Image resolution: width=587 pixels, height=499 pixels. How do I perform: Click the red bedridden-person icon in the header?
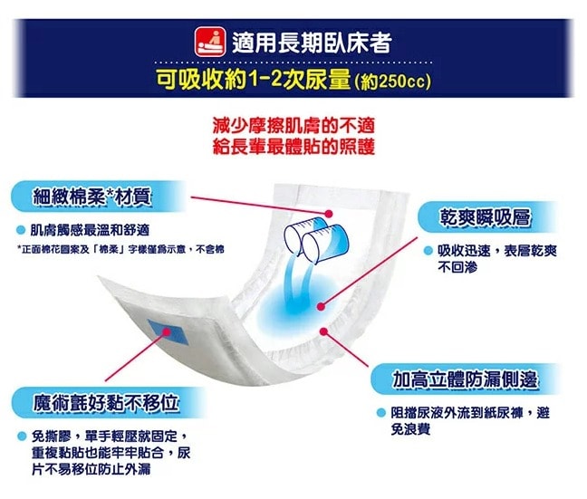(x=209, y=42)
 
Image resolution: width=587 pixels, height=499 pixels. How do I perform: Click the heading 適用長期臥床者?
(x=311, y=43)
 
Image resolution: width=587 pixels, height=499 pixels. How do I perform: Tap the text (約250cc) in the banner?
(x=392, y=83)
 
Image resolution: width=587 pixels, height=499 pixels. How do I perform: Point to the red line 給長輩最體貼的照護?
(x=292, y=146)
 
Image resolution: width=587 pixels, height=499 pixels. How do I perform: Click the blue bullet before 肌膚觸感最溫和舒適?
(x=21, y=229)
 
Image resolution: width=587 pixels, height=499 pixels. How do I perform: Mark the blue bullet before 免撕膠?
(x=21, y=436)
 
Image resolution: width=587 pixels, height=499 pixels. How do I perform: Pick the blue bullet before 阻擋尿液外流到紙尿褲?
(x=381, y=413)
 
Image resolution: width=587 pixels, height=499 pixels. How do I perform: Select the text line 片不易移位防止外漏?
(x=91, y=469)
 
